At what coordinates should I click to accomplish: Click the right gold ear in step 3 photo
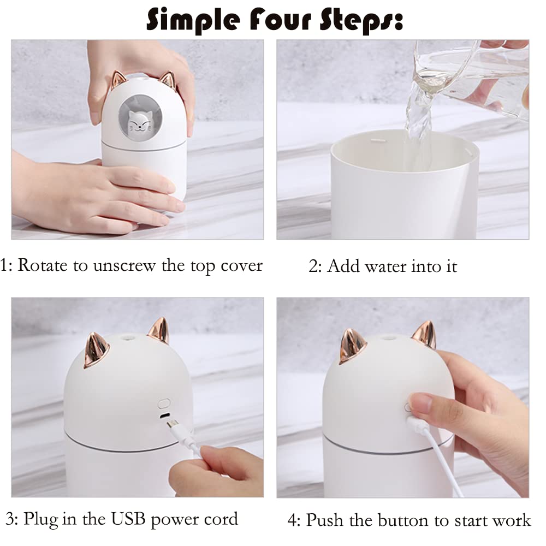tap(159, 330)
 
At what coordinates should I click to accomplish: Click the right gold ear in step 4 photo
tap(424, 335)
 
